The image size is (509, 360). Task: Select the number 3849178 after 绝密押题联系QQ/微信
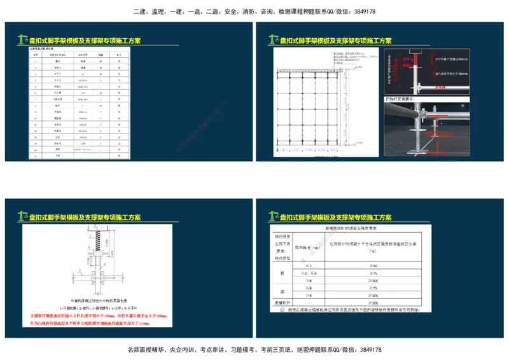click(370, 350)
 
